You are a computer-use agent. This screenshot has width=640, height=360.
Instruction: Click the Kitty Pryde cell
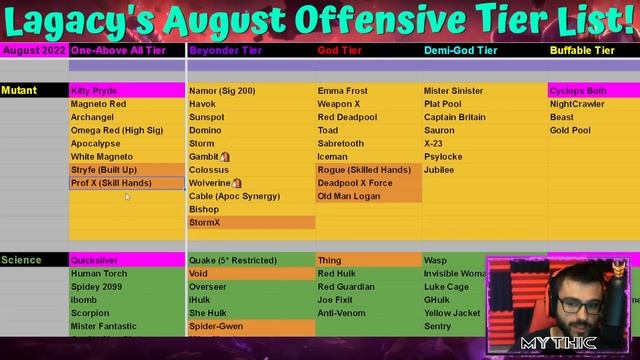tap(127, 91)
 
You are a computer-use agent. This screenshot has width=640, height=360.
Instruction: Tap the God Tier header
tap(341, 50)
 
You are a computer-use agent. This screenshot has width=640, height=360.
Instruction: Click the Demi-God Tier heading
tap(460, 50)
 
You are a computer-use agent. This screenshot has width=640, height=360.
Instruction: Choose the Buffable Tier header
tap(582, 50)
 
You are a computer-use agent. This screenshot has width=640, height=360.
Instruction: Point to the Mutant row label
tap(20, 91)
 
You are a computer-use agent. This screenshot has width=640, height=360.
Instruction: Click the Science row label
tap(21, 260)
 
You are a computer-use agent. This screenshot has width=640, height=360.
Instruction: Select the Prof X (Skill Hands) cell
tap(127, 183)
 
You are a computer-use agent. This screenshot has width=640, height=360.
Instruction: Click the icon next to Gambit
tap(225, 157)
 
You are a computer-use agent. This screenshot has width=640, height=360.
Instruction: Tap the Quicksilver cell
tap(127, 260)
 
